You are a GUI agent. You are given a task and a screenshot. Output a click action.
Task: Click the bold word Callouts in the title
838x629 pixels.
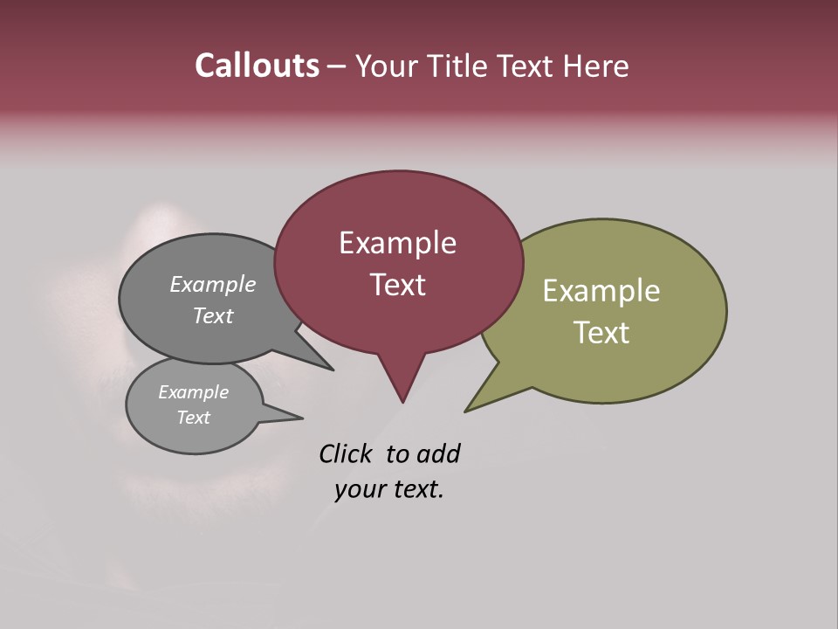coord(258,66)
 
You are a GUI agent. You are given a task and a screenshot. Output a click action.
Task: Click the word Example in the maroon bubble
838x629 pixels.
coord(397,243)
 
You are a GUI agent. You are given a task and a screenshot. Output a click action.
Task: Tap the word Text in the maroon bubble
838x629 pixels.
coord(397,285)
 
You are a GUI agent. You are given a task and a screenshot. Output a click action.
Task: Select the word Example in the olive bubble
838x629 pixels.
coord(601,291)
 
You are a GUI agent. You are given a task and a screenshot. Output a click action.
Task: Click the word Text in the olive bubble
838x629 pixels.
coord(601,333)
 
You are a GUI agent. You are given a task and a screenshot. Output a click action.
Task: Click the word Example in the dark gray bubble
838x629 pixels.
coord(213,284)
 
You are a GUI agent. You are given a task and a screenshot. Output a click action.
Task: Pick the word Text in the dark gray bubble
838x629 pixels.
coord(213,315)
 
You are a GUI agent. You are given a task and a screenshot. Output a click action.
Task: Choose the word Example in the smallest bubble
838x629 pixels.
coord(193,392)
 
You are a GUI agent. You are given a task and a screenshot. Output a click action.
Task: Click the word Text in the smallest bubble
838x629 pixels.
coord(193,418)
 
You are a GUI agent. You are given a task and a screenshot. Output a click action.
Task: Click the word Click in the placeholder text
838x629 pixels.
coord(347,453)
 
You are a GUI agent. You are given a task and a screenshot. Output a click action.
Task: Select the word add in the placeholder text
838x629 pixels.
coord(438,453)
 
